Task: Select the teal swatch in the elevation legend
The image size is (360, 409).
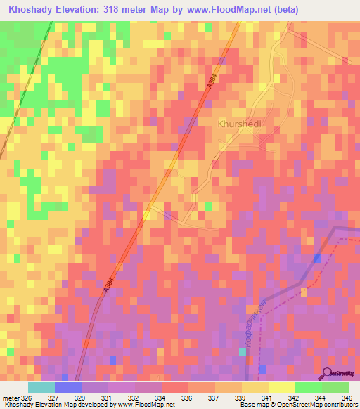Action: point(41,387)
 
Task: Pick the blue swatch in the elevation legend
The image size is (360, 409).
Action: point(68,387)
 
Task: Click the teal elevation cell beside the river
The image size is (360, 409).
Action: point(243,351)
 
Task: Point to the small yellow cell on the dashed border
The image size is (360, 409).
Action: point(304,291)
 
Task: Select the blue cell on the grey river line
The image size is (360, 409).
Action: point(318,258)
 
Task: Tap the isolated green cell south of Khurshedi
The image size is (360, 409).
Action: point(208,206)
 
